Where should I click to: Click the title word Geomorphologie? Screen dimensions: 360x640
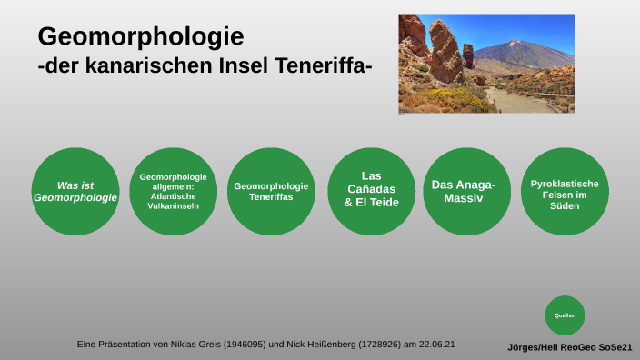coord(140,37)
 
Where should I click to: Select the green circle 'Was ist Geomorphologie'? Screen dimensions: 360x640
coord(75,192)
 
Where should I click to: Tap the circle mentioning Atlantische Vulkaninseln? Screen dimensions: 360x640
coord(173,192)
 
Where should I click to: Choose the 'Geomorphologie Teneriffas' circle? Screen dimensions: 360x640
coord(271,192)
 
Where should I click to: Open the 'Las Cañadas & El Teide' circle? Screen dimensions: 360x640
coord(371,189)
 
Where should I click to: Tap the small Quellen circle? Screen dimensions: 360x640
coord(565,315)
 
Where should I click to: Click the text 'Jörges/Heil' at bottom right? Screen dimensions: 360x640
coord(534,347)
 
